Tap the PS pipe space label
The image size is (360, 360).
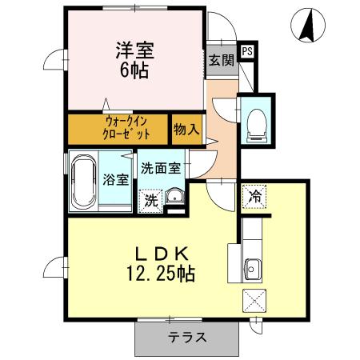click(x=247, y=51)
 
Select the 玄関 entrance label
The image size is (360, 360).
click(x=221, y=59)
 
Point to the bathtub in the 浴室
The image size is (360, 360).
click(x=82, y=180)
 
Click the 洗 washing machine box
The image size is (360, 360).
click(x=150, y=201)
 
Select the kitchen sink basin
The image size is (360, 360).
click(x=254, y=268)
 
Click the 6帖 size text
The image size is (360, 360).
click(x=135, y=70)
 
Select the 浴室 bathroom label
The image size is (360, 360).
click(x=116, y=179)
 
